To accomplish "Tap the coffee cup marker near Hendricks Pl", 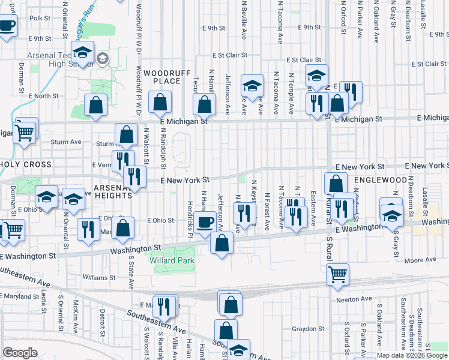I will point(205,223).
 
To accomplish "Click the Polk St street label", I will point(39,19).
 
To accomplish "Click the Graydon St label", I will point(309,329).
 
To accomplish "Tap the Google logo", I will point(20,353).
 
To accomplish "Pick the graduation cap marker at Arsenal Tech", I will point(82,52).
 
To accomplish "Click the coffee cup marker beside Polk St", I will point(7,26).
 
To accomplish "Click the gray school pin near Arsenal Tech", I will point(103,59).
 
